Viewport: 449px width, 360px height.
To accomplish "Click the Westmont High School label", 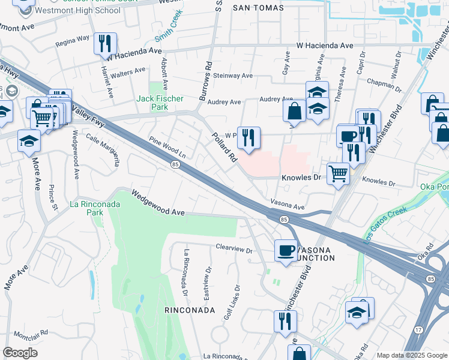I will pos(70,11).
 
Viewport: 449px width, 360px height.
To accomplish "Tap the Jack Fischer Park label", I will pos(160,103).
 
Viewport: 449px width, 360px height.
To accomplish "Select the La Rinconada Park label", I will pos(94,208).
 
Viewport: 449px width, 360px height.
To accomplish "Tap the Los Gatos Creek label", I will pos(385,224).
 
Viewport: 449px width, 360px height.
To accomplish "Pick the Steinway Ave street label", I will pos(231,76).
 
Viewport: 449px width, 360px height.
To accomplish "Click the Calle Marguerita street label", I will pos(107,148).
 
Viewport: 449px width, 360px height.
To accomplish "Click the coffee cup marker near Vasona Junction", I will pos(286,249).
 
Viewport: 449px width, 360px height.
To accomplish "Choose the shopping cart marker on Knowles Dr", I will pos(339,174).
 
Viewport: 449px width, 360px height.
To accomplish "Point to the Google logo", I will pos(20,353).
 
